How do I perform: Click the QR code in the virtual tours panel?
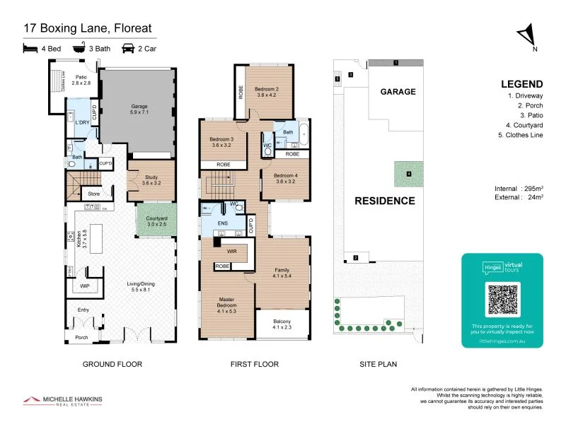[x=502, y=299]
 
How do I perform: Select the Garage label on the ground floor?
[x=139, y=110]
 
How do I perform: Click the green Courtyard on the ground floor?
[x=156, y=221]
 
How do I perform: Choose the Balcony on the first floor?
[x=283, y=324]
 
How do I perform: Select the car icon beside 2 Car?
[x=128, y=49]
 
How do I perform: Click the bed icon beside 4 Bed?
[x=30, y=49]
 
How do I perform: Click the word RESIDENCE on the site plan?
[x=385, y=201]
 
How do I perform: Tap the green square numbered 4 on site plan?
[x=408, y=174]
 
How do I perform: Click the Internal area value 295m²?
[x=531, y=189]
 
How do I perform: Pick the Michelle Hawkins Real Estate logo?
[x=62, y=401]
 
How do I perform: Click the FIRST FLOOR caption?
[x=255, y=365]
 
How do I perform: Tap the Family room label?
[x=283, y=272]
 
